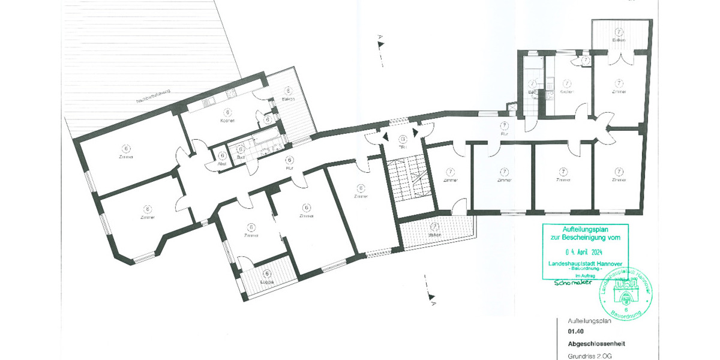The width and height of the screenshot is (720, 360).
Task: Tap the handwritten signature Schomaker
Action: coord(572,282)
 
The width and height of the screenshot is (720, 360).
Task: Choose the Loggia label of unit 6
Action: coord(267,281)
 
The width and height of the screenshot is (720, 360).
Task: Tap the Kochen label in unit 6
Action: coord(227,121)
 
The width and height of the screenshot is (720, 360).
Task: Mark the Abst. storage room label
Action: coord(222,164)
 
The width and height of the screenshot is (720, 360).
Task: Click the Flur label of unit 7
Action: coord(505,134)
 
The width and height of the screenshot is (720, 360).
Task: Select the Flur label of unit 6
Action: coord(290,169)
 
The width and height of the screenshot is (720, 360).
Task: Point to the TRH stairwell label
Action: coord(403,147)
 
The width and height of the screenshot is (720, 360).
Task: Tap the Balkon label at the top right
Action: coord(619,40)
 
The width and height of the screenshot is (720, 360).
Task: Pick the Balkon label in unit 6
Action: coord(288,100)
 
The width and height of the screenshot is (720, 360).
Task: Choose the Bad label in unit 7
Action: coord(532,92)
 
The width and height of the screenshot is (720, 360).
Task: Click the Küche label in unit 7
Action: coord(566,92)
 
